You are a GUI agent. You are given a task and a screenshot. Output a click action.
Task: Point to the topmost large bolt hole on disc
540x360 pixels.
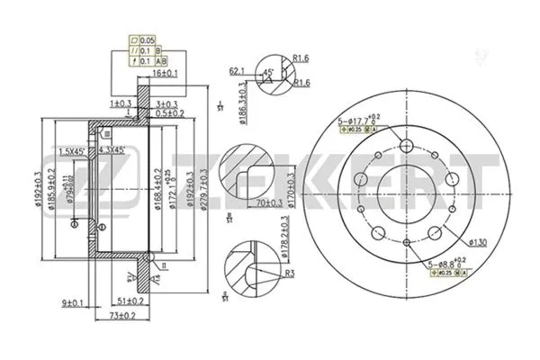[405, 148]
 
